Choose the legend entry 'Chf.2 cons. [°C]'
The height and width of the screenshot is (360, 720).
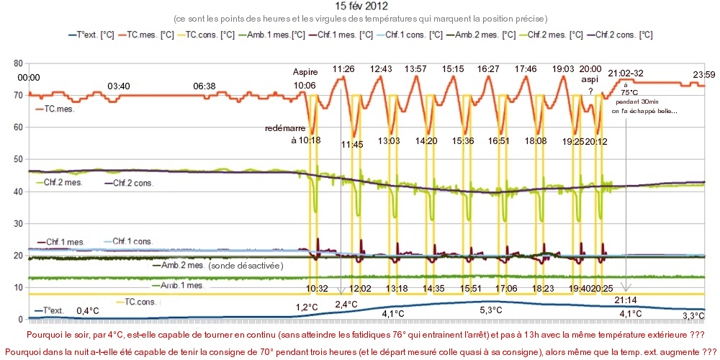pyautogui.click(x=619, y=34)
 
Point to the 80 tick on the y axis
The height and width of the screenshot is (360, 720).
pyautogui.click(x=19, y=63)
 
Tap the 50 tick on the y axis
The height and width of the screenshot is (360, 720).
pyautogui.click(x=19, y=159)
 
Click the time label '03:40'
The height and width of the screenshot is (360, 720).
pyautogui.click(x=119, y=86)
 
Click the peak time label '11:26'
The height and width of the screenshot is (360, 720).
pyautogui.click(x=343, y=69)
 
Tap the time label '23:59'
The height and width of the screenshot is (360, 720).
pyautogui.click(x=703, y=74)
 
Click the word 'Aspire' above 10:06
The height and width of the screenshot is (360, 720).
pyautogui.click(x=305, y=72)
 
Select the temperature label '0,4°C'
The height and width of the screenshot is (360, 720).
pyautogui.click(x=89, y=311)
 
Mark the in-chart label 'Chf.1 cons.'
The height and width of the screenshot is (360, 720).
pyautogui.click(x=128, y=241)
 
